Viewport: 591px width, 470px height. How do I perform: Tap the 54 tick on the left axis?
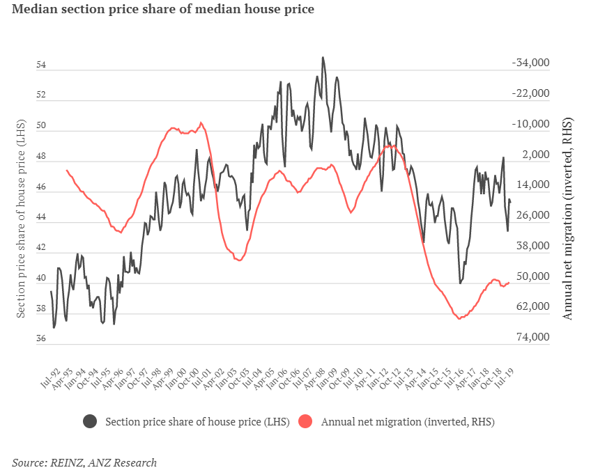pyautogui.click(x=41, y=65)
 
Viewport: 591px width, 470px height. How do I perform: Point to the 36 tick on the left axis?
pyautogui.click(x=41, y=339)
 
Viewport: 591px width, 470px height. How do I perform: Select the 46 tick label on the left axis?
pyautogui.click(x=41, y=188)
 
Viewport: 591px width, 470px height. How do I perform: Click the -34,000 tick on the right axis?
pyautogui.click(x=531, y=63)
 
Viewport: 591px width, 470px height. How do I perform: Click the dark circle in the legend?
pyautogui.click(x=90, y=421)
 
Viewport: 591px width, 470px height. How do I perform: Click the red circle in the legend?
pyautogui.click(x=305, y=421)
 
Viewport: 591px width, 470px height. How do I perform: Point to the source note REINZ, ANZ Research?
pyautogui.click(x=84, y=462)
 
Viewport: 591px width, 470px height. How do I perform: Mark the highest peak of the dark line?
pyautogui.click(x=323, y=58)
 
